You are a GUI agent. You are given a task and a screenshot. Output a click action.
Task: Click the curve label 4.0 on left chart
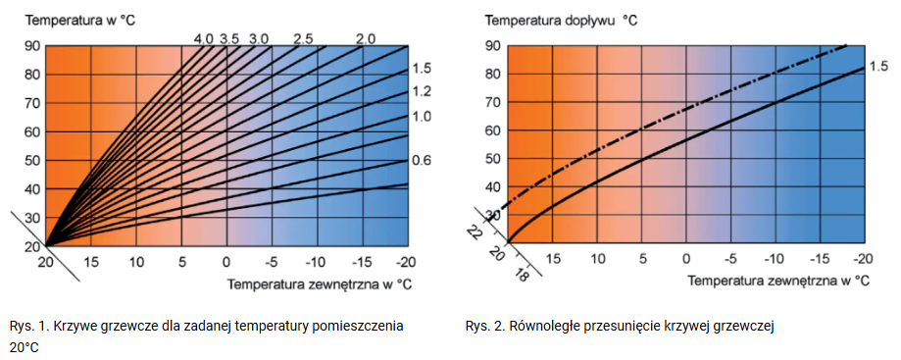[203, 38]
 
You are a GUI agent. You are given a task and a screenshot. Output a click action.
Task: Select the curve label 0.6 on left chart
[422, 161]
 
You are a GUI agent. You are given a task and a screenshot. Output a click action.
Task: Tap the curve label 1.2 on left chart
[422, 92]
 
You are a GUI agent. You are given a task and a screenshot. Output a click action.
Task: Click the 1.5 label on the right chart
[877, 67]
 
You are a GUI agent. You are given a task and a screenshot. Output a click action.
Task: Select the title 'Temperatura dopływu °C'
[562, 20]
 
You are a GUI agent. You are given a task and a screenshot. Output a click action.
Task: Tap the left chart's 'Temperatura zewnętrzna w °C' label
[319, 284]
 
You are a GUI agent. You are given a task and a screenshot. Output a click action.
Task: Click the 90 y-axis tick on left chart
[31, 46]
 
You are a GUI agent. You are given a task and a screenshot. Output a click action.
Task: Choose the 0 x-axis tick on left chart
[226, 262]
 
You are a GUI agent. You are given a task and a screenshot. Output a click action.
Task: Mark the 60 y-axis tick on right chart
[492, 131]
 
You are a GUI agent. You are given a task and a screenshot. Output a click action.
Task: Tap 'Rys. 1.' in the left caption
[27, 327]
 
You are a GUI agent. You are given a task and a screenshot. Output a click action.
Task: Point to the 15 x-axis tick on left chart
[90, 262]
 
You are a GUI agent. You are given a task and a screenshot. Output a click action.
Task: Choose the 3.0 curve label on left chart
[258, 38]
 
